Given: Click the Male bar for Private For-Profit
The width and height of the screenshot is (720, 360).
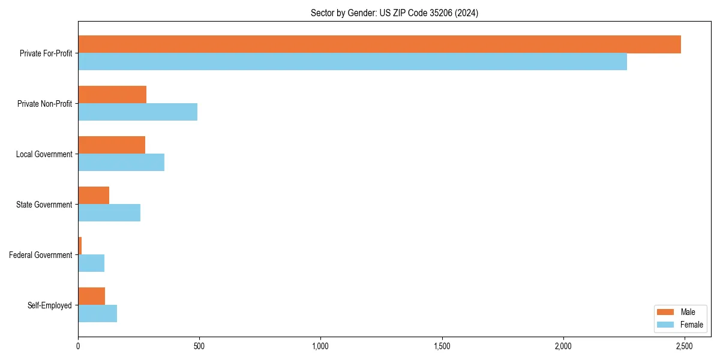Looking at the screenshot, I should coord(379,44).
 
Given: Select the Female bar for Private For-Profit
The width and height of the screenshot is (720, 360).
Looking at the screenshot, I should coord(352,62).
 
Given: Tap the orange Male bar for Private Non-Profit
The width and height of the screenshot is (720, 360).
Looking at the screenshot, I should coord(112,95).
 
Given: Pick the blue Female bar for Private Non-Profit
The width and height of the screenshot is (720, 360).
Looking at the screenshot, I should coord(137,112).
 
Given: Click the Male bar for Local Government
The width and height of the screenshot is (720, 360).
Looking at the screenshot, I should coord(112,145).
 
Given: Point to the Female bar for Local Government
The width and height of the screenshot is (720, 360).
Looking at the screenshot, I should coord(121,163).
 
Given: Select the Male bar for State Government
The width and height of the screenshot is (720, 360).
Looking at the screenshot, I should coord(94,196).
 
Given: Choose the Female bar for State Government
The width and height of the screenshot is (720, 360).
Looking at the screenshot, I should coord(109,213).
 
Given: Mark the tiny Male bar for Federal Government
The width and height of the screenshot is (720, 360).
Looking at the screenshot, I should coord(80,246).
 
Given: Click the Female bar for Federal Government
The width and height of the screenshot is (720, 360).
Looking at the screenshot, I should coord(91,263).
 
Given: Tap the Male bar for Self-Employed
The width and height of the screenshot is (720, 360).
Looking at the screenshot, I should coord(91,296).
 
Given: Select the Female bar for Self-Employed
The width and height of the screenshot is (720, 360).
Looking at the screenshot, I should coord(97,314).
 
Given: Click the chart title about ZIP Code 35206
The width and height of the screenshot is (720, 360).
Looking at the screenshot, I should coord(394,13).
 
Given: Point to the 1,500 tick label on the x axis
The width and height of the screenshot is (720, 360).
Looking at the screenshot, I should coord(442,347).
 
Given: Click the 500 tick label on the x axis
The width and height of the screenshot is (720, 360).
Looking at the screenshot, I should coord(199,347).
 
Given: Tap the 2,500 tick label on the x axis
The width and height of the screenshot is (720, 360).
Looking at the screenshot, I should coord(684,347).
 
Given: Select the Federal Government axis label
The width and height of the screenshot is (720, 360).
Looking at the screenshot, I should coord(41,255).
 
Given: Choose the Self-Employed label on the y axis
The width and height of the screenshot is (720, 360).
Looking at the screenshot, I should coord(50,305).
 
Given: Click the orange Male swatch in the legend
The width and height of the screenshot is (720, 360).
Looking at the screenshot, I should coord(666,312).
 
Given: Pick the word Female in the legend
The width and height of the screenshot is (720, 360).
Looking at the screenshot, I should coord(692,325).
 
